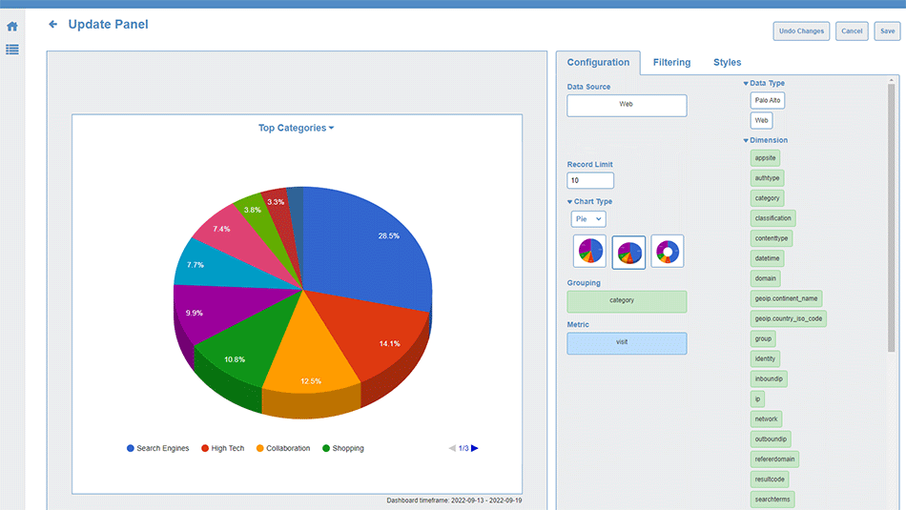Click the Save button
point(887,31)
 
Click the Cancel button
point(852,31)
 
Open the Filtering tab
point(671,63)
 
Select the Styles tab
point(727,63)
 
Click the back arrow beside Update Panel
point(53,25)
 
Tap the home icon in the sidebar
point(12,27)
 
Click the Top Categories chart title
point(296,128)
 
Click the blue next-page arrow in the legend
point(475,448)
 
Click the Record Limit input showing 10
point(590,180)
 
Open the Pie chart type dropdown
point(588,219)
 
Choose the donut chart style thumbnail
point(668,252)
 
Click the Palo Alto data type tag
point(768,100)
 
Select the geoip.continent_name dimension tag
point(786,298)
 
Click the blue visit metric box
point(627,343)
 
